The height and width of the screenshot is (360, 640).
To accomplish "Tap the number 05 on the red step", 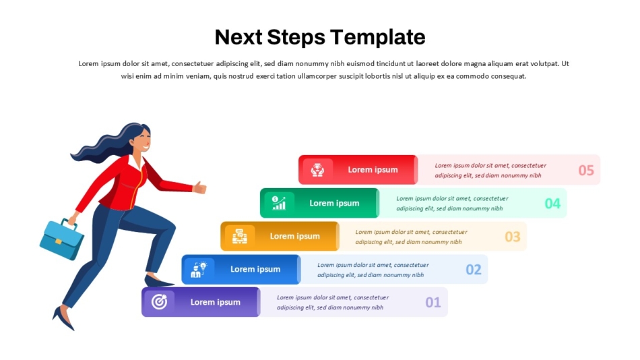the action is click(x=586, y=170).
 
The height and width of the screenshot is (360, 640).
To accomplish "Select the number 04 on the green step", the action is click(x=552, y=203).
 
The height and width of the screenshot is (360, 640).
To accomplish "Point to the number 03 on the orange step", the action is click(x=513, y=236).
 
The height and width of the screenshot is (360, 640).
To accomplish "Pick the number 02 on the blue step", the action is click(x=474, y=269).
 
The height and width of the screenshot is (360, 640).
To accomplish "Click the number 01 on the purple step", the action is click(x=433, y=303).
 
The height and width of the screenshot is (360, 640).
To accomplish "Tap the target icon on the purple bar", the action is click(x=159, y=302).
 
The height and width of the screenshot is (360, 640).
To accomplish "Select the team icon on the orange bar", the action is click(x=240, y=236).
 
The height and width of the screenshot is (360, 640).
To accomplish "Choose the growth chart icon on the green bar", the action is click(x=279, y=203).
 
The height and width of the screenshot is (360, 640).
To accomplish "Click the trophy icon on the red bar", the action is click(x=317, y=170).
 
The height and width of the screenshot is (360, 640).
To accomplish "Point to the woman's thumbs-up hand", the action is click(x=199, y=187).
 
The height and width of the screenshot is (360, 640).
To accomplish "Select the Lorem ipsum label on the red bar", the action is click(x=373, y=170).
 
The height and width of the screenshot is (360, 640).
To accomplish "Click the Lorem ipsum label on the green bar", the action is click(x=334, y=203).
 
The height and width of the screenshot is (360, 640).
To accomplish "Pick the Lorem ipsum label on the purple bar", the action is click(x=215, y=302).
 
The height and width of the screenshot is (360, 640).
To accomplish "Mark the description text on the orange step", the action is click(x=411, y=237).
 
